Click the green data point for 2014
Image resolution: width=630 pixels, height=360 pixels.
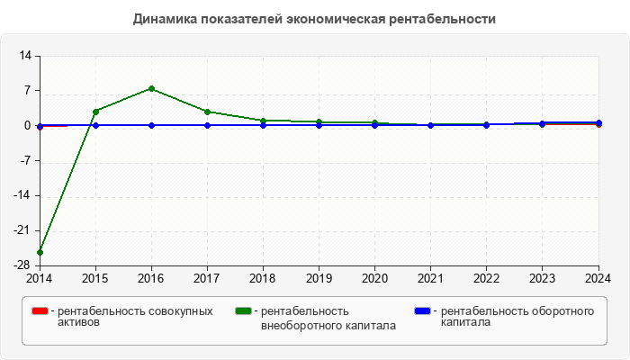pyautogui.click(x=40, y=252)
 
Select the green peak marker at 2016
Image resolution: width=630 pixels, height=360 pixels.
pyautogui.click(x=151, y=88)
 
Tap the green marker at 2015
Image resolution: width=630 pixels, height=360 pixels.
pyautogui.click(x=95, y=112)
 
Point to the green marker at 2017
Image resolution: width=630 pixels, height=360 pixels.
pyautogui.click(x=207, y=112)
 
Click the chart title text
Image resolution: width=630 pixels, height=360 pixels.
pyautogui.click(x=314, y=19)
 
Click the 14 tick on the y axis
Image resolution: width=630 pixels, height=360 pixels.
pyautogui.click(x=25, y=56)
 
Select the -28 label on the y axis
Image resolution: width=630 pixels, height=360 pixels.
pyautogui.click(x=22, y=265)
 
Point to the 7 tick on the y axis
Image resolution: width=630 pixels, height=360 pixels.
pyautogui.click(x=28, y=91)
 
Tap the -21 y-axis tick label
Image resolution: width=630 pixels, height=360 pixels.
pyautogui.click(x=22, y=230)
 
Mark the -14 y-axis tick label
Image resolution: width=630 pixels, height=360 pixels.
pyautogui.click(x=22, y=195)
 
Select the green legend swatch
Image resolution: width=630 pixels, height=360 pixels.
pyautogui.click(x=243, y=311)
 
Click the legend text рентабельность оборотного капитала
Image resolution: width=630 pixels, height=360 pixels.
pyautogui.click(x=517, y=317)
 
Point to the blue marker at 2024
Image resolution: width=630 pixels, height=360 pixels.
pyautogui.click(x=599, y=122)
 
